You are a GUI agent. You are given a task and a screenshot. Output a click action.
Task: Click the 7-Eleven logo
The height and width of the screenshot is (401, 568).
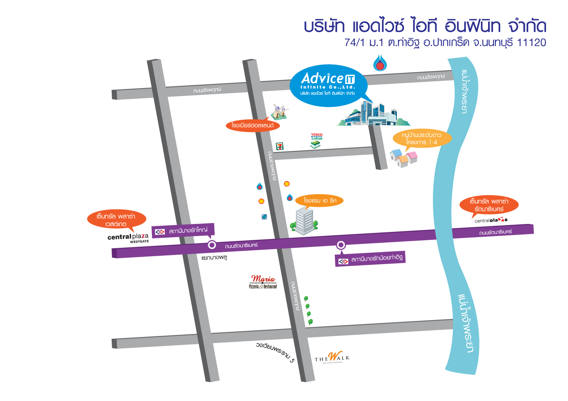click(x=279, y=146)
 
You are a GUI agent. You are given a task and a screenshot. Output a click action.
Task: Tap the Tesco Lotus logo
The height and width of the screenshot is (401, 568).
click(x=317, y=140)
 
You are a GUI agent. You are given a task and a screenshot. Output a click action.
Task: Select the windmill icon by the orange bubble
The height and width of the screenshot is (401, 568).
click(x=279, y=112)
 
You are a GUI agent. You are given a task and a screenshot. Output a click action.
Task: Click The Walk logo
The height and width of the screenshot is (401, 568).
click(x=332, y=358)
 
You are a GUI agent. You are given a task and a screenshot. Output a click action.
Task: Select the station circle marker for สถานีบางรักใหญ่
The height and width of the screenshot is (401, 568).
click(x=212, y=245)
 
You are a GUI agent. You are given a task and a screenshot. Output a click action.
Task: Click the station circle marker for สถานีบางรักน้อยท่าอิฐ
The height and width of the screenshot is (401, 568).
click(x=341, y=245)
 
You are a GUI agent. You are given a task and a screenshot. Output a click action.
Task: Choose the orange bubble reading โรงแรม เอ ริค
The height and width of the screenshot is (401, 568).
click(x=320, y=201)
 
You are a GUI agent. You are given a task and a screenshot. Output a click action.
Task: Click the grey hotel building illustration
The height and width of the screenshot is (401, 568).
click(x=304, y=221)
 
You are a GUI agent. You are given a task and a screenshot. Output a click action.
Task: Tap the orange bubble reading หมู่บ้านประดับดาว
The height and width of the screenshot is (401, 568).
click(x=422, y=138)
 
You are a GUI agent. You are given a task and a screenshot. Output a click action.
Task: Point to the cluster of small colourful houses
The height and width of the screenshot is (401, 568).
click(x=404, y=158)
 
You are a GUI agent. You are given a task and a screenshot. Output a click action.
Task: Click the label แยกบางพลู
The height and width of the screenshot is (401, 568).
click(x=214, y=258)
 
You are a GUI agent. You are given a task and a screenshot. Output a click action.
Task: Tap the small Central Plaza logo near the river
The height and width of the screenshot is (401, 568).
click(x=491, y=220)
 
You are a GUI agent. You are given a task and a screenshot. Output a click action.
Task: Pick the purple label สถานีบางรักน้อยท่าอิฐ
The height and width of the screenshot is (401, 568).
click(x=370, y=260)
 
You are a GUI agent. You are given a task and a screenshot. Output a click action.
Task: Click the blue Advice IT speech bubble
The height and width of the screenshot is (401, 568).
click(x=328, y=85)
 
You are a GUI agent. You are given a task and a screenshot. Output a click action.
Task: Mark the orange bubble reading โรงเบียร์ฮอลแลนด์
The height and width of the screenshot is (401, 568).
click(x=252, y=125)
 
